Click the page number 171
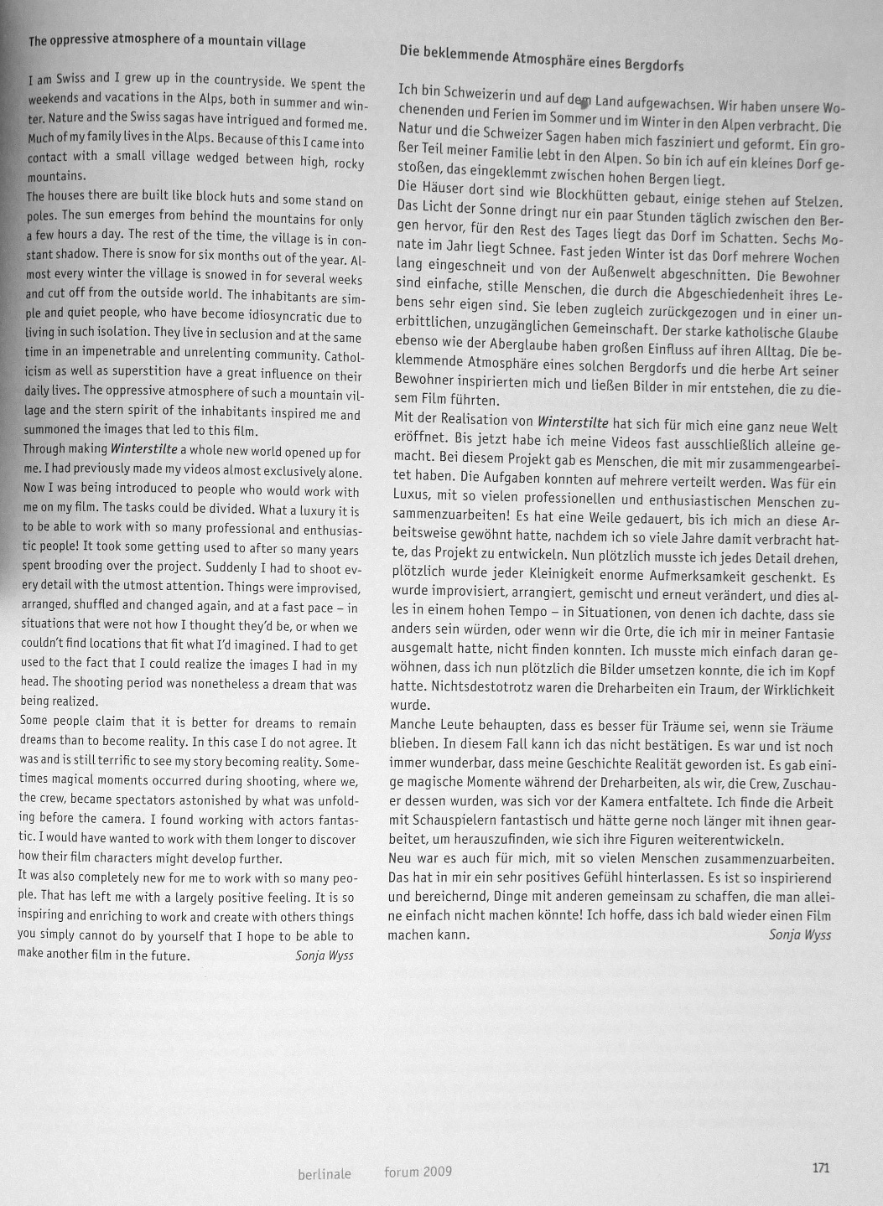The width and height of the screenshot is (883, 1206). [x=820, y=1167]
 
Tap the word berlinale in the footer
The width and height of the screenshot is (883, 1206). [x=325, y=1174]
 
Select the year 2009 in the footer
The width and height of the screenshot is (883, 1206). [x=437, y=1171]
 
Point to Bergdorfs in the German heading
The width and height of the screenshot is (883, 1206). [x=654, y=65]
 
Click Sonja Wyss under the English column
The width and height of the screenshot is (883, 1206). [x=325, y=955]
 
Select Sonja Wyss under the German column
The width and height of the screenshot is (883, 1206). [x=799, y=934]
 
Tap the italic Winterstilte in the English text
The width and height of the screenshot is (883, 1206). [x=143, y=450]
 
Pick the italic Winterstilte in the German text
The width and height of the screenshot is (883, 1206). [x=574, y=422]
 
